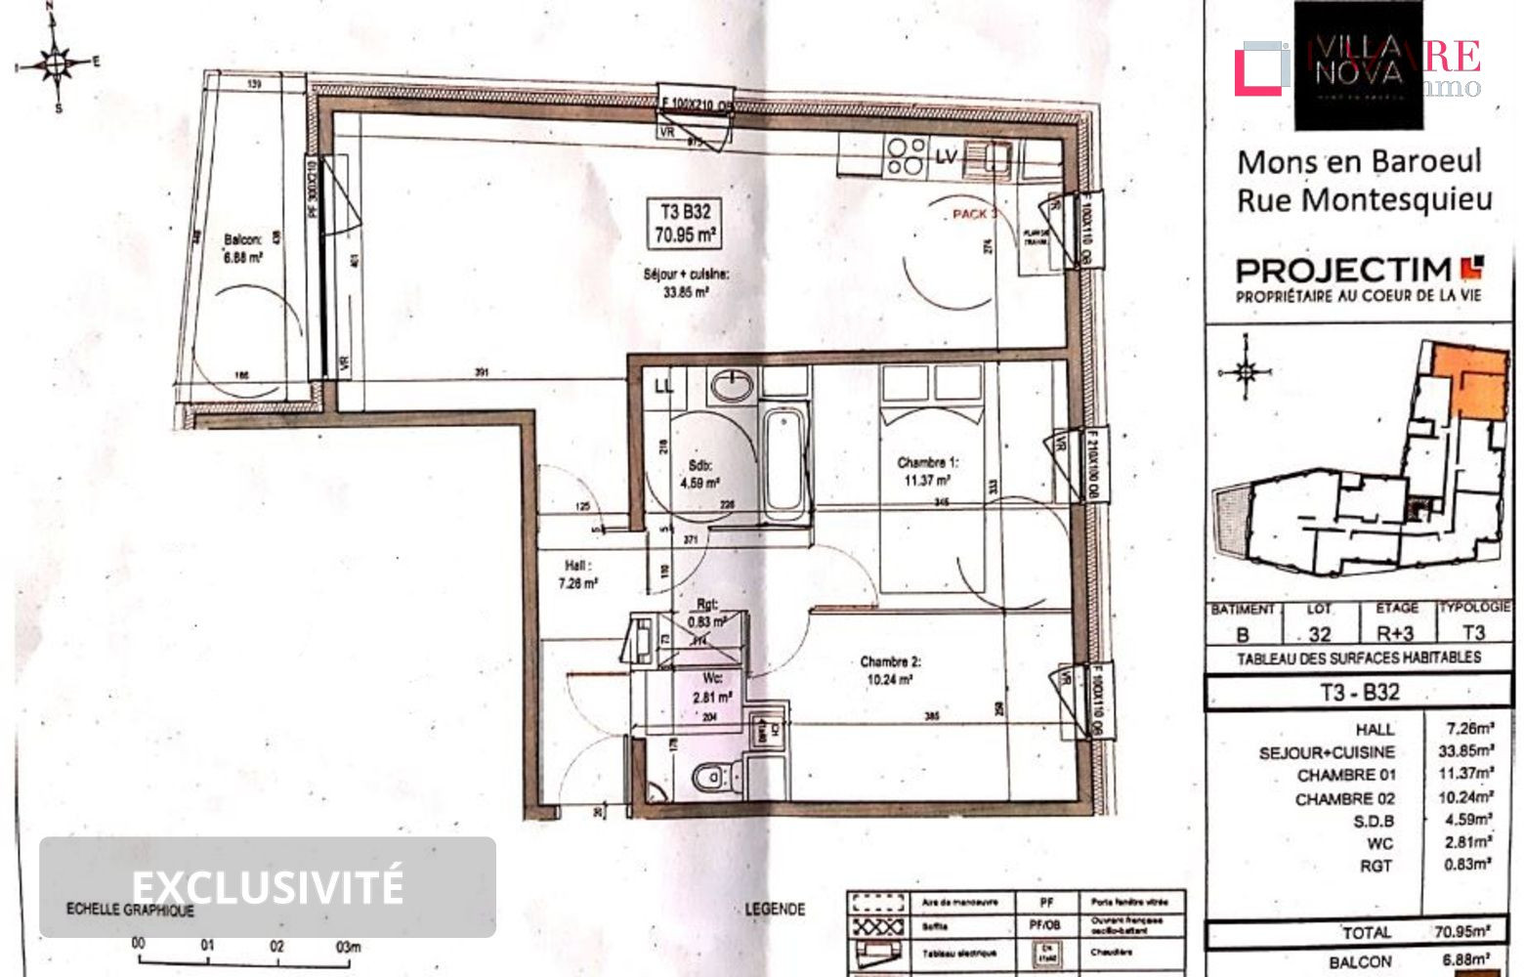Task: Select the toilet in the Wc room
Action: coord(716,779)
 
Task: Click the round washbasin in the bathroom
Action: coord(731,385)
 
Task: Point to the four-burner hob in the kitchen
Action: coord(906,155)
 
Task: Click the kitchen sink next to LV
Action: coord(995,157)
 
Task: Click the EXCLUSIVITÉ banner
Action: coord(267,886)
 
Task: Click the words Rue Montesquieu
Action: coord(1364,199)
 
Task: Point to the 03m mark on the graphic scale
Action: coord(348,946)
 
